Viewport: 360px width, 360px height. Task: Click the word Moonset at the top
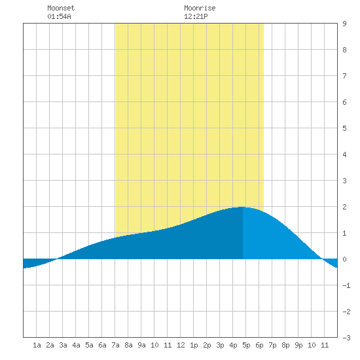(x=61, y=8)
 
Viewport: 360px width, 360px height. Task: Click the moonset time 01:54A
(x=59, y=16)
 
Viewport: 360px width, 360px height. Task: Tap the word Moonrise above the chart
(x=200, y=8)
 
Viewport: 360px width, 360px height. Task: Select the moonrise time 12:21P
(x=196, y=16)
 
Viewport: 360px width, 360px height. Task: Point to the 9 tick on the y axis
(x=344, y=24)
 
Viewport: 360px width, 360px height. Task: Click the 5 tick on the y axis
(x=344, y=128)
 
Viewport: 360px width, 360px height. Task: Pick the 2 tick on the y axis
(x=344, y=207)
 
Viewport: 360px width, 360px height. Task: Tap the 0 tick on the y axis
(x=344, y=259)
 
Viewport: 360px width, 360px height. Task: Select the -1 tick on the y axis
(x=346, y=285)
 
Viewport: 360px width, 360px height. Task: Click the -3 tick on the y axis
(x=346, y=338)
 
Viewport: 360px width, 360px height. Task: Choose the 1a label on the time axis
(x=37, y=345)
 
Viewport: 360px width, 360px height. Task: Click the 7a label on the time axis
(x=115, y=345)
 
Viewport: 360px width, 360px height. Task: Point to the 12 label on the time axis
(x=181, y=345)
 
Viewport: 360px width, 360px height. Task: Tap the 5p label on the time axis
(x=246, y=345)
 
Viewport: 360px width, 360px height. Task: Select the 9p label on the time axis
(x=298, y=345)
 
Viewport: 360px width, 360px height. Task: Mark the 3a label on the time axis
(x=63, y=345)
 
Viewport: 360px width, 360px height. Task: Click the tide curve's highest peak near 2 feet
(x=242, y=207)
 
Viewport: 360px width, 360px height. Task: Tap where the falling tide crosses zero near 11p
(x=322, y=259)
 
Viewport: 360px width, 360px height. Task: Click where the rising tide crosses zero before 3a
(x=57, y=259)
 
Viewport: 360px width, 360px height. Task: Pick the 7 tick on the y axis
(x=344, y=76)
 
